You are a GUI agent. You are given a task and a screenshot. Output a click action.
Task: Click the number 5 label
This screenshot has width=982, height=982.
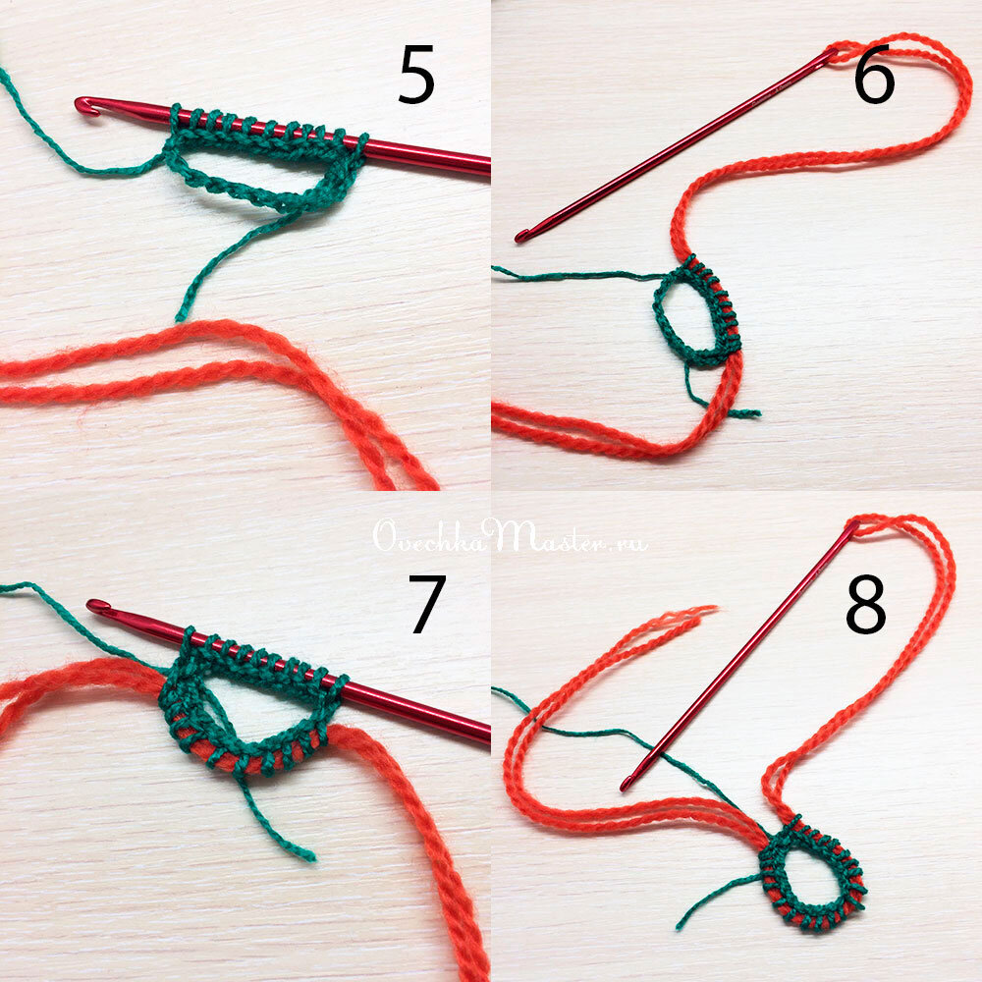point(416,75)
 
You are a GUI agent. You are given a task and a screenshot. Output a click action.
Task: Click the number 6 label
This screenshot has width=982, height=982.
point(874,75)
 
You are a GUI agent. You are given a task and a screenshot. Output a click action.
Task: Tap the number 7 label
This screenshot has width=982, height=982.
point(427,604)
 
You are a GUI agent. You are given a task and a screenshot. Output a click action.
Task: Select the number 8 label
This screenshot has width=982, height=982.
point(866,604)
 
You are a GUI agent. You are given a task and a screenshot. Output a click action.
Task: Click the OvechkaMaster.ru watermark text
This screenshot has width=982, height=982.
point(511,537)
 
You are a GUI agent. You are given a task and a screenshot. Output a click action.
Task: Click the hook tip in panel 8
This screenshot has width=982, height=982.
point(627,784)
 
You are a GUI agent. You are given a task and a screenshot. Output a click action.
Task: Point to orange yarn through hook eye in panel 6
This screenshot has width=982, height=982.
point(843,54)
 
